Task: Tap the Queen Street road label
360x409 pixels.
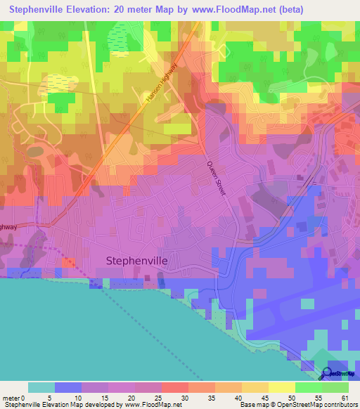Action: point(214,178)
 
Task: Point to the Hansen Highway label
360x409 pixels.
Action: point(160,91)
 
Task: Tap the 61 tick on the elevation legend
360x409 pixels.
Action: point(345,397)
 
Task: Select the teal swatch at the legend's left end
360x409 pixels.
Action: point(41,387)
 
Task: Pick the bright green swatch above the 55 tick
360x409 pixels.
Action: point(309,387)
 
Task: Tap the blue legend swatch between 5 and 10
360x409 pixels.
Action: point(68,387)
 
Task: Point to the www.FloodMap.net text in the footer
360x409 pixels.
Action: point(151,405)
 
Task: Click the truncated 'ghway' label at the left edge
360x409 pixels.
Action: point(7,227)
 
